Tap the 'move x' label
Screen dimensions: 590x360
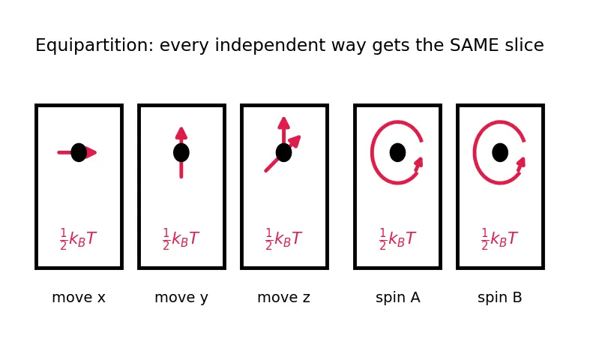(79, 298)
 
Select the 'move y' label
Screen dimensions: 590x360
(181, 298)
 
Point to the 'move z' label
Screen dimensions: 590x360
(283, 298)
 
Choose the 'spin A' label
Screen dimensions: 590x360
(398, 298)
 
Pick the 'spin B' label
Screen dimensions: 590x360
(500, 298)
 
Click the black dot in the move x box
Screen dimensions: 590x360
(79, 152)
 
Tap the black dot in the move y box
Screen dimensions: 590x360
(181, 152)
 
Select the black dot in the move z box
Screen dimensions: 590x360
(283, 152)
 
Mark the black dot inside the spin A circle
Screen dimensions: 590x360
(398, 152)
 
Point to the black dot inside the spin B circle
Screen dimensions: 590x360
(500, 152)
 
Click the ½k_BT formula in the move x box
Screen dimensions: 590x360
(78, 239)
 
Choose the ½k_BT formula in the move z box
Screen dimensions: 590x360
(283, 239)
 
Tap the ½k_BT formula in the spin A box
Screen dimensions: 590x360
(398, 239)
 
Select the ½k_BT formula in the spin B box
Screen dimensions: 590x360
(500, 239)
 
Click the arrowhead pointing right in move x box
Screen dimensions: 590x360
(91, 152)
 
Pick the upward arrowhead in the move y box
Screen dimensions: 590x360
(181, 133)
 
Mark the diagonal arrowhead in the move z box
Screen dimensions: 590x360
(295, 141)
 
